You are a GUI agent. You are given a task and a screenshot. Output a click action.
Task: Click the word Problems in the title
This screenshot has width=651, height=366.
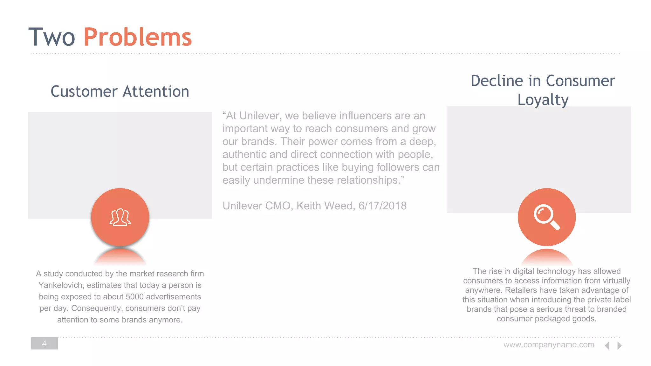click(138, 37)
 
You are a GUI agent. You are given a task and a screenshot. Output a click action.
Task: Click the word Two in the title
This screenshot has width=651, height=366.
click(51, 37)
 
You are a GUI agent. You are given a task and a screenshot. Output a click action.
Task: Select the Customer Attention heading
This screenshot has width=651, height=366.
click(120, 91)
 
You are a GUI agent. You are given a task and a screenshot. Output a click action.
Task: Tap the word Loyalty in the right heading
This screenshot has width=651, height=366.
click(543, 100)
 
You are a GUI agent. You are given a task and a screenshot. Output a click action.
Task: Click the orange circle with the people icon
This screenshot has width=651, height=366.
click(120, 217)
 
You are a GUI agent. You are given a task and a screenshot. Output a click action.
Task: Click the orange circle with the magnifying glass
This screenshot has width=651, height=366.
click(546, 217)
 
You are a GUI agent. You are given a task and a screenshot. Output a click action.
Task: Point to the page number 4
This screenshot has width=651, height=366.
click(44, 343)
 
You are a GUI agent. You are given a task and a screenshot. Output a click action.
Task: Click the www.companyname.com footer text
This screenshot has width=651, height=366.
click(549, 345)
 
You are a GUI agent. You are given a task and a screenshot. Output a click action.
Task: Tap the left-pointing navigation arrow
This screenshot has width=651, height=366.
click(607, 345)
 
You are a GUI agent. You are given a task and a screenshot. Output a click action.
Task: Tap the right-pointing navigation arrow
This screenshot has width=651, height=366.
click(619, 345)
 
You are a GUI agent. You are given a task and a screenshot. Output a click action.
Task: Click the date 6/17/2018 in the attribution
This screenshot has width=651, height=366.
click(382, 206)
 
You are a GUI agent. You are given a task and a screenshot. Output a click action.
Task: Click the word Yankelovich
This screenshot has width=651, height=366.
click(61, 285)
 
